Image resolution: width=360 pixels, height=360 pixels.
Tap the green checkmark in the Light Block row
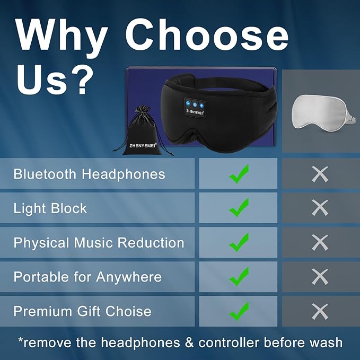click(x=239, y=207)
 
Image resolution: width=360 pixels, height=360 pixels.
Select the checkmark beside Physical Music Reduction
click(x=239, y=242)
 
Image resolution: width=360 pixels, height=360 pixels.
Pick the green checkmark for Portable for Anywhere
click(x=239, y=276)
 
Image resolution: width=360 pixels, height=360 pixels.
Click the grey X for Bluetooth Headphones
click(x=320, y=174)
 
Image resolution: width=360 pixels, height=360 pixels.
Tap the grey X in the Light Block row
click(x=320, y=208)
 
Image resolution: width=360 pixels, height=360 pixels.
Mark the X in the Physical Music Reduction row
click(x=320, y=242)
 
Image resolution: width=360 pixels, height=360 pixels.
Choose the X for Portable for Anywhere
click(x=320, y=276)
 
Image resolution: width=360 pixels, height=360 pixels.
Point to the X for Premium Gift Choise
click(x=320, y=311)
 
